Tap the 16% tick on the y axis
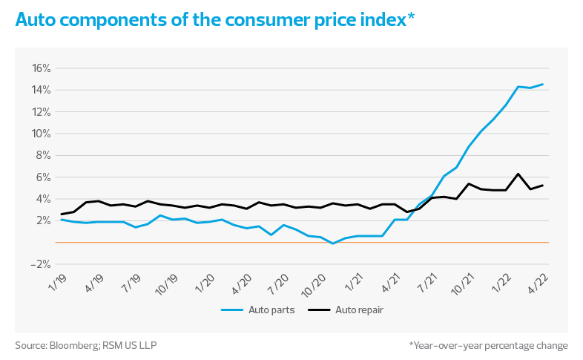pos(41,68)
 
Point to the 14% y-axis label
pos(41,90)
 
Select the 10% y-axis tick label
pos(41,134)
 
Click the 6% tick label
pos(42,177)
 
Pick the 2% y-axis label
pos(42,220)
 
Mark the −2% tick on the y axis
pos(41,264)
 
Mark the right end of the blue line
pos(544,84)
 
